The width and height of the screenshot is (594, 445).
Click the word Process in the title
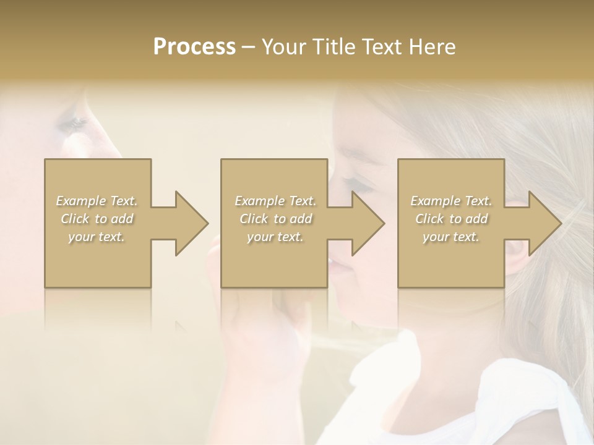click(194, 47)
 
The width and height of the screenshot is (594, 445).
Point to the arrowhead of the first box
click(189, 223)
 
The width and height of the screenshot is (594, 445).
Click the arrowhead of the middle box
click(365, 223)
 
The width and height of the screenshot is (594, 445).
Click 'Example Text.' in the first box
click(97, 201)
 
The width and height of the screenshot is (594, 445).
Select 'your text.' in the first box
click(97, 237)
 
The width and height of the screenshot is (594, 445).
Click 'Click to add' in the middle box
click(275, 219)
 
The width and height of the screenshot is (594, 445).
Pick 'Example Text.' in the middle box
click(275, 201)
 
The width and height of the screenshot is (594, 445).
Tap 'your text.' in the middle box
click(275, 237)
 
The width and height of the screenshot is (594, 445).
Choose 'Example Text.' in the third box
click(451, 201)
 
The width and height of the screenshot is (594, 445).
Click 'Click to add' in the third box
click(451, 219)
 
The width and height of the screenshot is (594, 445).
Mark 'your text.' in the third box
click(451, 237)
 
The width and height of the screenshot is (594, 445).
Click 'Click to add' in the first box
click(97, 219)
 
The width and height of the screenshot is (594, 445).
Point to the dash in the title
click(249, 47)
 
